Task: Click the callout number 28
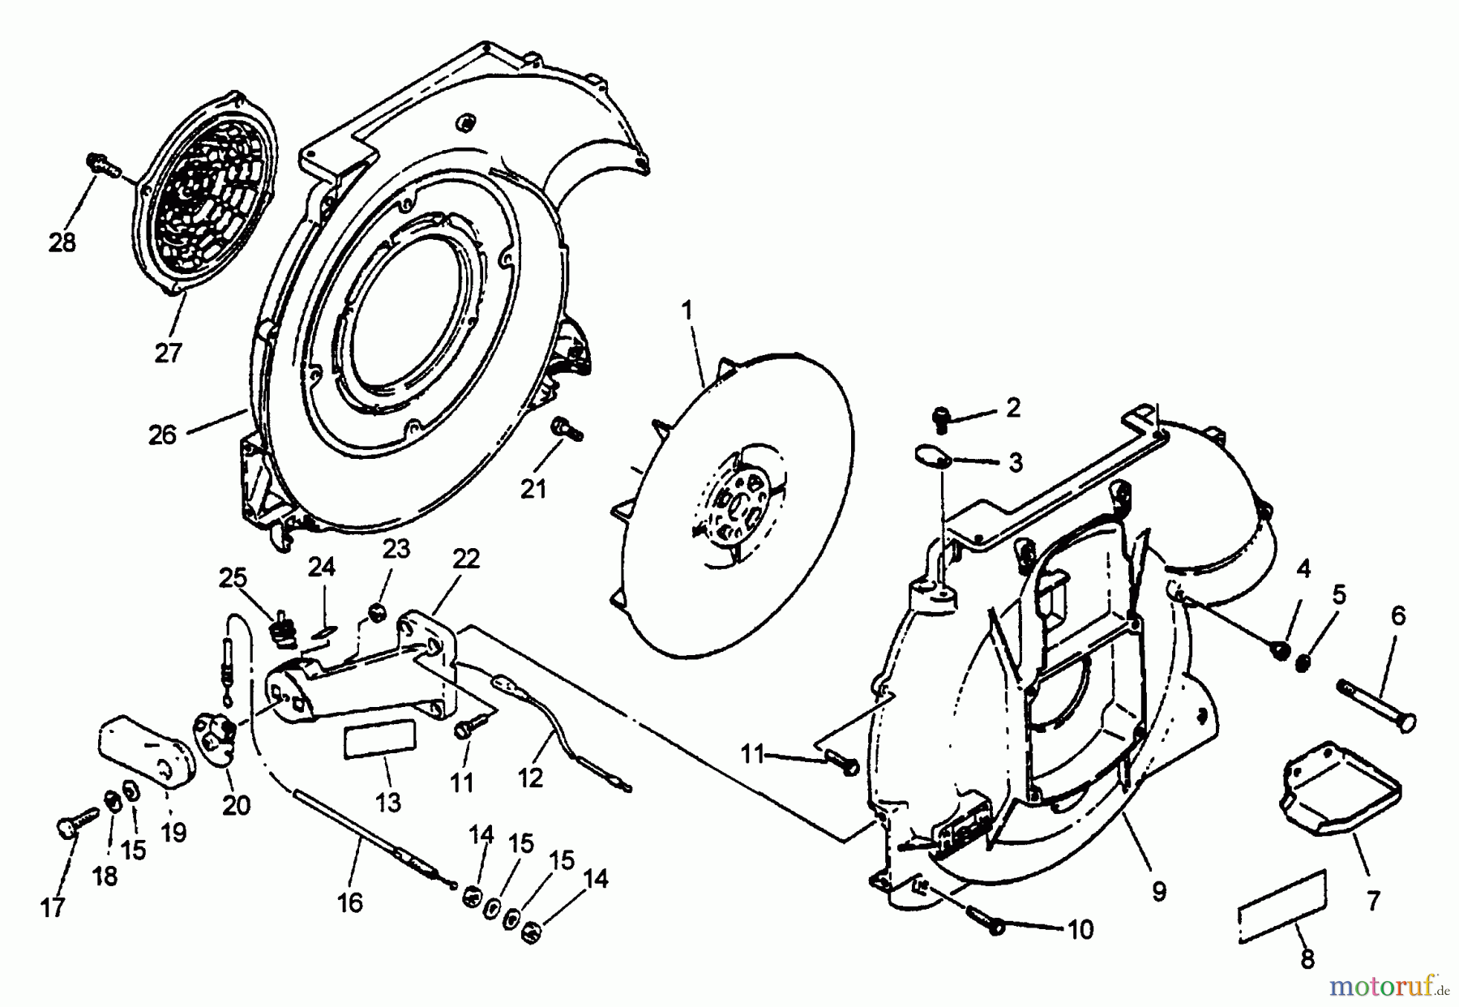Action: tap(62, 242)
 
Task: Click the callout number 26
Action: tap(162, 435)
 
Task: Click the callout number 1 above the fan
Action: tap(687, 310)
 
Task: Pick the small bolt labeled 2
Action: tap(943, 416)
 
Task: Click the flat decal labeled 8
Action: tap(1284, 906)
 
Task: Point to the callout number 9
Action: tap(1159, 892)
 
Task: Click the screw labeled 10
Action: tap(983, 919)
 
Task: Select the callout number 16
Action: tap(350, 902)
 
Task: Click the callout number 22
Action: tap(466, 559)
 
